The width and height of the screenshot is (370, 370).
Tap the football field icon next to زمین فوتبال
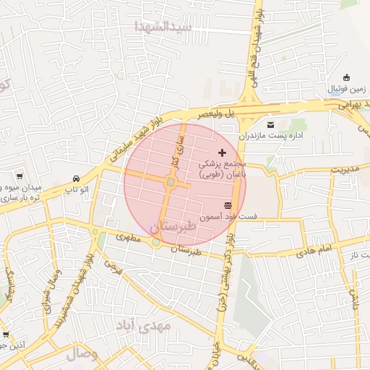tap(346, 78)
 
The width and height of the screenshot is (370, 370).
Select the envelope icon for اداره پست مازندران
tap(271, 125)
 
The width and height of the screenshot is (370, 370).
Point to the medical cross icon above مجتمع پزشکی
tap(222, 152)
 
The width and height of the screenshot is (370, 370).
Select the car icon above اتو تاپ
tap(76, 178)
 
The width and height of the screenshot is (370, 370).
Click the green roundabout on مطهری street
tap(156, 242)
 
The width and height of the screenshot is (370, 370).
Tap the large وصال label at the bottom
tap(82, 354)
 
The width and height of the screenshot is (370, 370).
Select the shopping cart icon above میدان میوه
tap(20, 176)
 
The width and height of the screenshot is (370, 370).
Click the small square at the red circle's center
tap(171, 184)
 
